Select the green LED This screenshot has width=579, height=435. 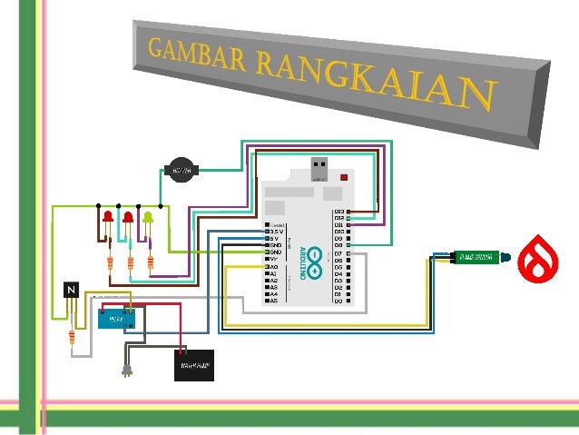(147, 218)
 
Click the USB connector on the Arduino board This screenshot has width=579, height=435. (319, 170)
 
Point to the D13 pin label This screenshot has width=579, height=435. (341, 212)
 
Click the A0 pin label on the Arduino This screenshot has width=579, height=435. (273, 267)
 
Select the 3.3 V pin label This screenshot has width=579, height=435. (277, 232)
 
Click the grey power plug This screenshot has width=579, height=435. (128, 371)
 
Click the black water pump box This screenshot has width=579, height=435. (193, 365)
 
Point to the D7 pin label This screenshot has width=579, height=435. (339, 252)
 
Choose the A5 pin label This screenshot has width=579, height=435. (273, 301)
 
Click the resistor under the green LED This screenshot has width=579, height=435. (150, 263)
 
